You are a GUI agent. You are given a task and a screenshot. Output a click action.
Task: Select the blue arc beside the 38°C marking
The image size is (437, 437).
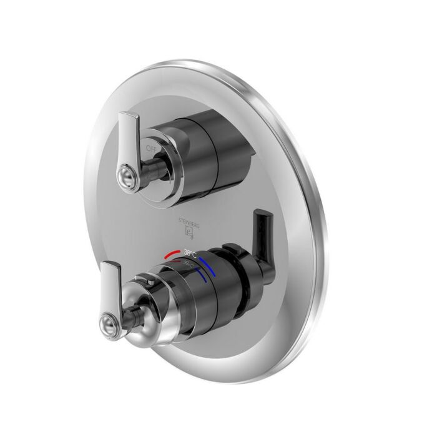click(209, 256)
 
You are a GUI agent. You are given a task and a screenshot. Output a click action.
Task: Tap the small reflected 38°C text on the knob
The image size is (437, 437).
click(189, 264)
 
